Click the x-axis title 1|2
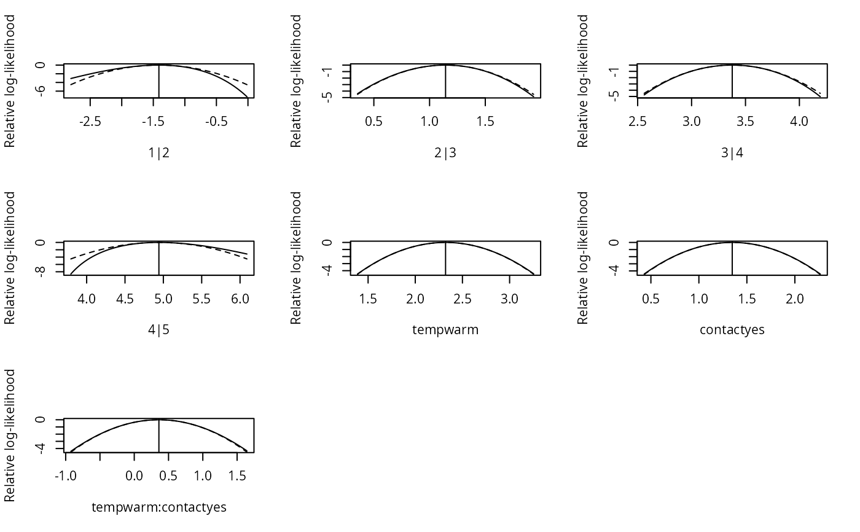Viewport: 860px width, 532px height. pyautogui.click(x=158, y=152)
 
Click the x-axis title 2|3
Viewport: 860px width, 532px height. pyautogui.click(x=445, y=152)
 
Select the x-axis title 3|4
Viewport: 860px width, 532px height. pyautogui.click(x=732, y=152)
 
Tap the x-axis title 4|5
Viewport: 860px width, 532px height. pyautogui.click(x=158, y=330)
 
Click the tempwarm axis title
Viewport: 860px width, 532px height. pyautogui.click(x=445, y=330)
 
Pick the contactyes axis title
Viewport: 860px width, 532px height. pyautogui.click(x=732, y=330)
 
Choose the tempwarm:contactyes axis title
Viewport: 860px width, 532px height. pyautogui.click(x=158, y=507)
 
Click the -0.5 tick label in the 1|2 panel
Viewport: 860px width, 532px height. pyautogui.click(x=216, y=121)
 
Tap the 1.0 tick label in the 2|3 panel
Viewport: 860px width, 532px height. pyautogui.click(x=429, y=121)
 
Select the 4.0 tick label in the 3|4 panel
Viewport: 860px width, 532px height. pyautogui.click(x=799, y=121)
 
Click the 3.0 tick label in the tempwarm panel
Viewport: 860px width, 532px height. pyautogui.click(x=509, y=299)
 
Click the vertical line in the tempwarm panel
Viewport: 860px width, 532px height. pyautogui.click(x=445, y=259)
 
